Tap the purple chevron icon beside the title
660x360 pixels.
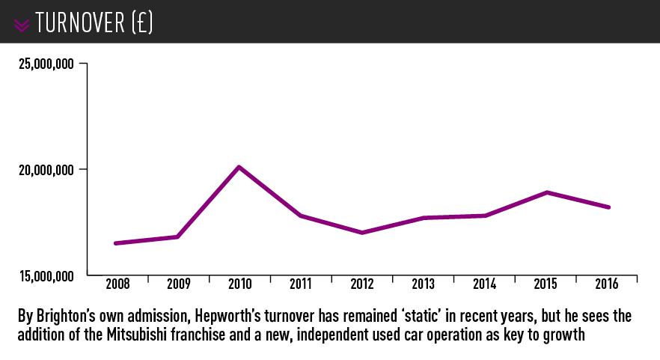point(22,25)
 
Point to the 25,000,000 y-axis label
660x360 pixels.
point(46,64)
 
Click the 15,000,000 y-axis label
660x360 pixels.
point(46,276)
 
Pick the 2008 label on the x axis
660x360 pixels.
point(117,284)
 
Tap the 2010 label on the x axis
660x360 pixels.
point(240,284)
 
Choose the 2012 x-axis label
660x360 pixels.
point(363,284)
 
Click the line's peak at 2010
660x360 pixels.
point(239,167)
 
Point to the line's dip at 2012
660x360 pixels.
point(362,233)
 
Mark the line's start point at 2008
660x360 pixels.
point(115,243)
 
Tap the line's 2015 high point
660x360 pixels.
point(547,192)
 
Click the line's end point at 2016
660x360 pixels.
point(609,207)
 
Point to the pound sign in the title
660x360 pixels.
point(141,23)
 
